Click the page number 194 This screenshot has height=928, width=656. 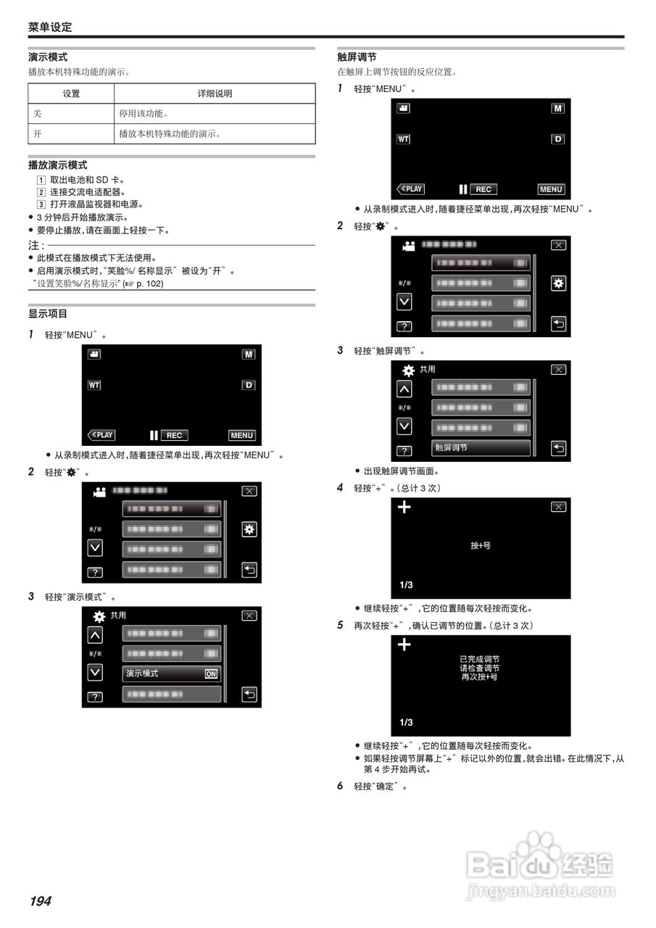coord(41,901)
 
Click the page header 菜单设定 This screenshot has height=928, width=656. coord(50,28)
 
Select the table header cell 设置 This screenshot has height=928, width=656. coord(71,94)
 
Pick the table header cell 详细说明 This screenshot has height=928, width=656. coord(215,94)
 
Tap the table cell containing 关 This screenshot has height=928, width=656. coord(71,114)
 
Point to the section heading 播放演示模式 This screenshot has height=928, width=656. coord(58,165)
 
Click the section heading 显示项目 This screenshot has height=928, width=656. coord(48,314)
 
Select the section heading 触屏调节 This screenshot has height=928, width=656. coord(357,57)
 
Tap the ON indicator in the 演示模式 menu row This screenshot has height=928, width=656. coord(211,674)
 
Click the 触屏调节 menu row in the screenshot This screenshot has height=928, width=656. coord(481,448)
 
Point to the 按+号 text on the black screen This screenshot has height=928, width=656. coord(481,545)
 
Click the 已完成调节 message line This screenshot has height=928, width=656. coord(480,659)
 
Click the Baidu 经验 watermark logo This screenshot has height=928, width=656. coord(541,862)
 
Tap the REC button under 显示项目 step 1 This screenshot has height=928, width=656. coord(174,435)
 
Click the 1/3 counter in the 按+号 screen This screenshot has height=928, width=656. coord(406,584)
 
